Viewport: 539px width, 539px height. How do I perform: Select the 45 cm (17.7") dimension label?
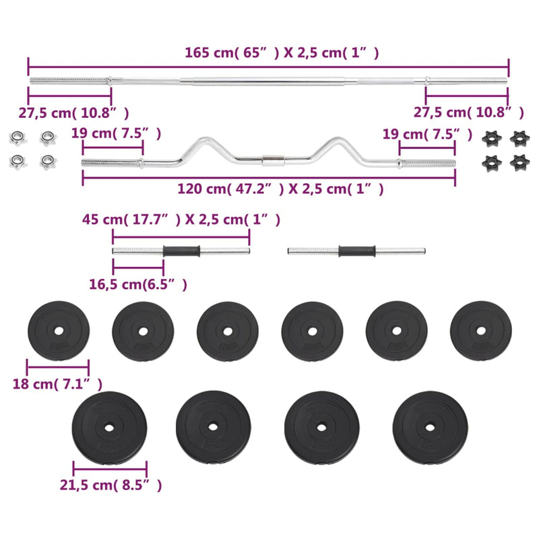coord(181,220)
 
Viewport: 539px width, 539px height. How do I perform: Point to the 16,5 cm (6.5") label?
coord(138,284)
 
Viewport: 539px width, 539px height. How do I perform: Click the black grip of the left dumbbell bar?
coord(181,252)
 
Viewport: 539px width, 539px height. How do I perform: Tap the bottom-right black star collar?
coord(518,162)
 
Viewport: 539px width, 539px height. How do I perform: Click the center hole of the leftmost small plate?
coord(58,330)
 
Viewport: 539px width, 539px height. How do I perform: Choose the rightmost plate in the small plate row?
coord(480,330)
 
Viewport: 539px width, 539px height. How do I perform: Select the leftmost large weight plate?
coord(108,427)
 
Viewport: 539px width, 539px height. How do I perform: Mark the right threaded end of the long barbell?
coord(466,82)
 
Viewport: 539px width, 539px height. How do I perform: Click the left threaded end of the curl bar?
coord(112,162)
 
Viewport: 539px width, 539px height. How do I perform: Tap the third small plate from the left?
coord(228,330)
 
